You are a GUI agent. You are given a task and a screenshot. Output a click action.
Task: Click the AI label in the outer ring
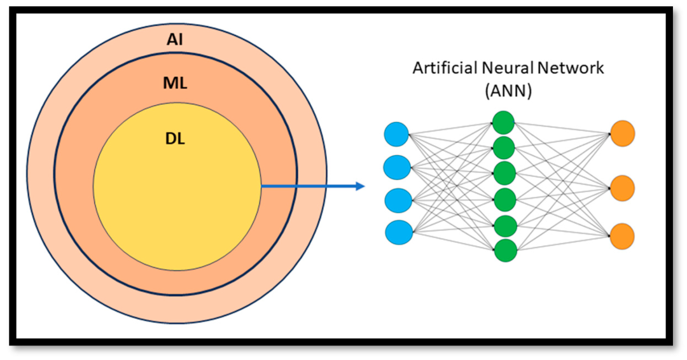[x=176, y=39]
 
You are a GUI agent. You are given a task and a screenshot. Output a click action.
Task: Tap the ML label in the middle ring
[x=176, y=83]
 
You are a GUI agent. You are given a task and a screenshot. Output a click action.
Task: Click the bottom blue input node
[x=398, y=232]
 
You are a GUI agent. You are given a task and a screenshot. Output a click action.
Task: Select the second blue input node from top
[x=397, y=167]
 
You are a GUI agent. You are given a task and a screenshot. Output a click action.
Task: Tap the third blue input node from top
[x=398, y=200]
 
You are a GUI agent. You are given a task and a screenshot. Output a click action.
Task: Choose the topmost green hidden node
[x=504, y=122]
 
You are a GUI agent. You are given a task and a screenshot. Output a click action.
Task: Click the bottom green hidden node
[x=504, y=251]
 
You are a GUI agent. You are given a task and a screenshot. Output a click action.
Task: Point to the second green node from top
[x=504, y=148]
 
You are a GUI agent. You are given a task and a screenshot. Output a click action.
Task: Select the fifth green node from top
[x=504, y=226]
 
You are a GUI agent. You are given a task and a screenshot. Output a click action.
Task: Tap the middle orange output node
[x=622, y=188]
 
